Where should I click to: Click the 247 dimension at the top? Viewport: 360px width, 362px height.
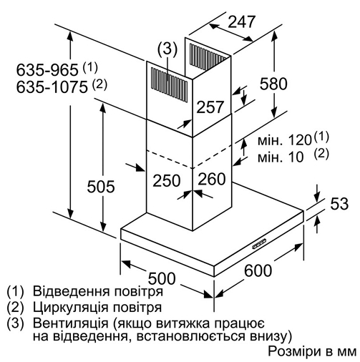(242, 22)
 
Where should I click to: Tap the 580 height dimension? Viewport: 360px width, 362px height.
(273, 84)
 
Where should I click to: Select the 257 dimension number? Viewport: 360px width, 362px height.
(210, 107)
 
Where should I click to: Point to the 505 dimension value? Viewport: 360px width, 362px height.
(101, 186)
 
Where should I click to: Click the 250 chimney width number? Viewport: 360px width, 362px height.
(167, 180)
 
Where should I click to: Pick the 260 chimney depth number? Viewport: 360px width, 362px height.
(212, 179)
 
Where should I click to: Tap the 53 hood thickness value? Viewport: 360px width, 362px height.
(339, 204)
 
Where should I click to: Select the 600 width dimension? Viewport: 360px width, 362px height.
(258, 270)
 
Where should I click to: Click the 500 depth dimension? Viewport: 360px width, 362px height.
(162, 278)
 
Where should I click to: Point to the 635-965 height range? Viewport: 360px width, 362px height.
(47, 70)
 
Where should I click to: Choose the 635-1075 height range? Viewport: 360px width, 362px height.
(52, 87)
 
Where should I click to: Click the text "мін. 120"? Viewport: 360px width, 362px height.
(285, 140)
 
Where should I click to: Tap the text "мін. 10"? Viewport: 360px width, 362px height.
(281, 157)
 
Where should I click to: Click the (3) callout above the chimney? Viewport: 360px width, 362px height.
(167, 49)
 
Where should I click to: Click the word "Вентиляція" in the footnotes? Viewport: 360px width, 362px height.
(71, 323)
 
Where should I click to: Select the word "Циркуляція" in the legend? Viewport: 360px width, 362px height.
(71, 308)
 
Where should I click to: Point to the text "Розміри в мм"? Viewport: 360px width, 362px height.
(313, 351)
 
